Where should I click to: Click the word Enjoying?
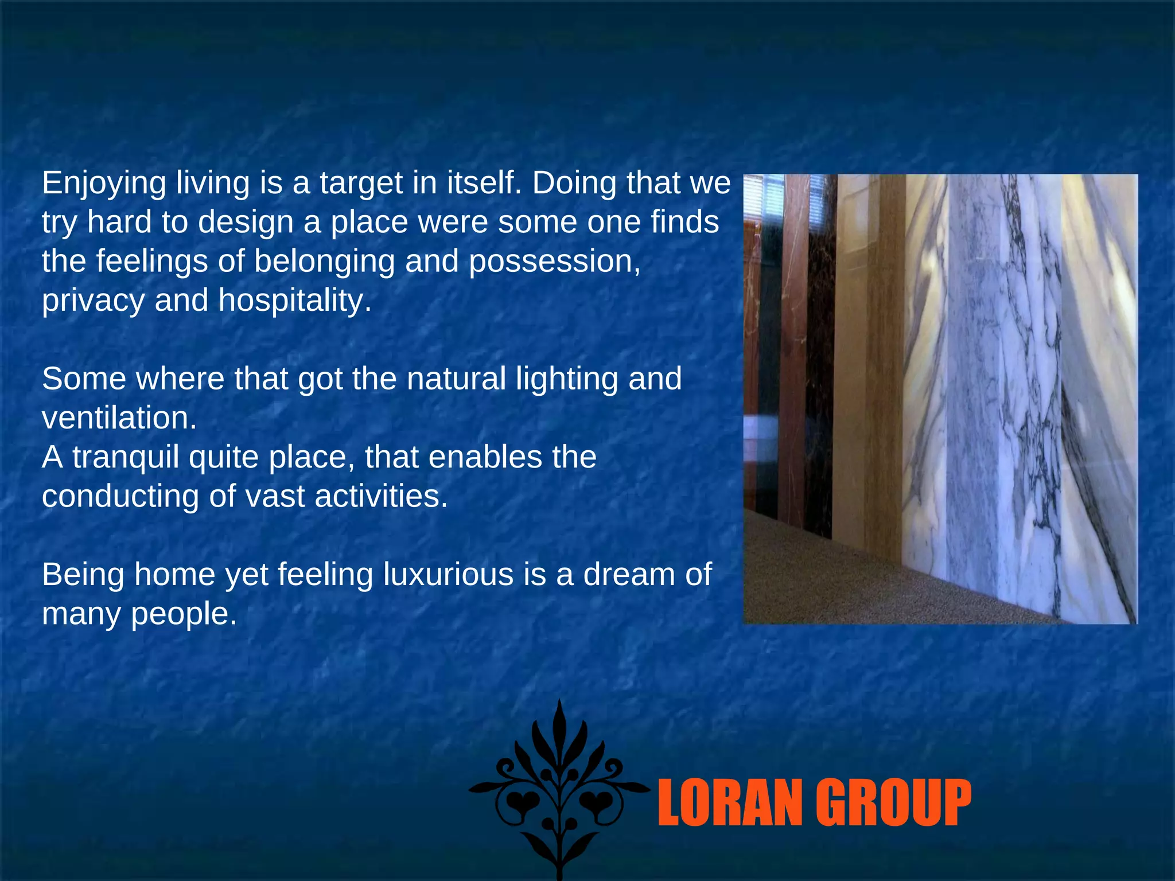click(x=103, y=184)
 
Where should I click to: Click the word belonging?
click(x=325, y=262)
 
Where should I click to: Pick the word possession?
click(x=554, y=262)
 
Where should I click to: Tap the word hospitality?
click(x=294, y=301)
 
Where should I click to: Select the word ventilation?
click(x=119, y=418)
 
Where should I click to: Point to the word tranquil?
click(x=126, y=458)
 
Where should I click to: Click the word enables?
click(x=485, y=457)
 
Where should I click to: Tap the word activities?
click(x=381, y=496)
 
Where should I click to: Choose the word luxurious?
click(x=448, y=574)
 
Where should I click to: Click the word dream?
click(x=629, y=574)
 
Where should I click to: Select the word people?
click(x=184, y=614)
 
